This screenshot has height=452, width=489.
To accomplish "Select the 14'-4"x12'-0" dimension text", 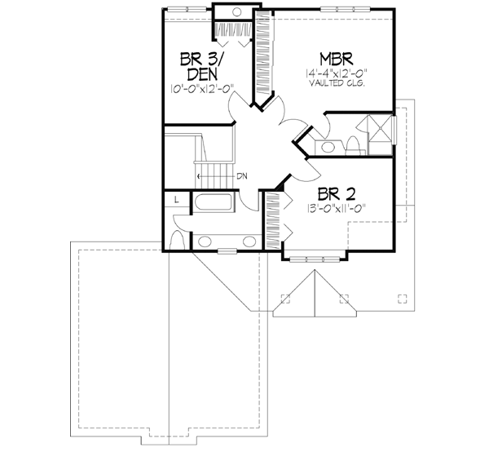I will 335,73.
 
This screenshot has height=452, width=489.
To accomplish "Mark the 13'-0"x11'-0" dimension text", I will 331,208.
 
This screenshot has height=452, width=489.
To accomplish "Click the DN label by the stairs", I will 241,176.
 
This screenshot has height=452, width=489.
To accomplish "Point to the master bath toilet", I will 354,145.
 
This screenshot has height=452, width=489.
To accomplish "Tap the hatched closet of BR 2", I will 273,215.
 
